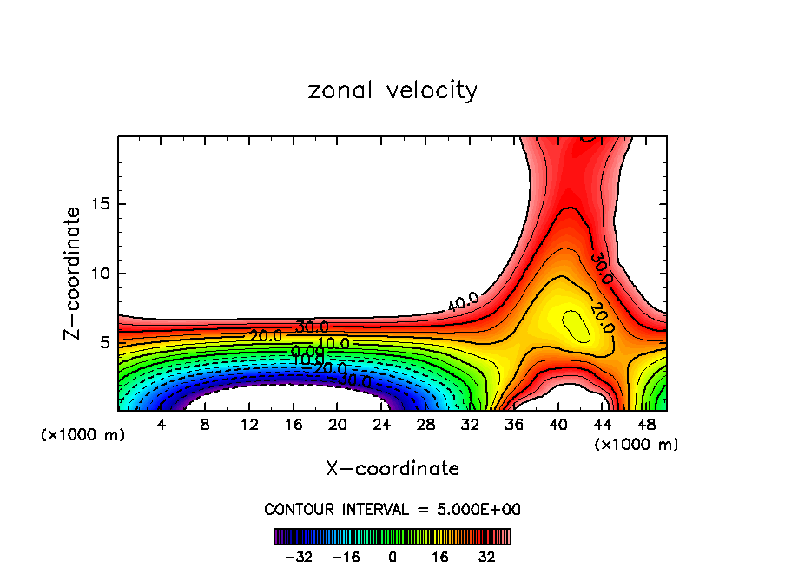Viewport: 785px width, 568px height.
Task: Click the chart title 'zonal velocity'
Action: pos(392,90)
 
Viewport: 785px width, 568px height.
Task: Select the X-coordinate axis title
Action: pos(392,469)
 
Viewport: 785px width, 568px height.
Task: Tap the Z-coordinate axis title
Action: pos(74,274)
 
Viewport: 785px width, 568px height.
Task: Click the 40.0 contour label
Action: pos(462,303)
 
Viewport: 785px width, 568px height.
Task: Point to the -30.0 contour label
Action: pos(354,380)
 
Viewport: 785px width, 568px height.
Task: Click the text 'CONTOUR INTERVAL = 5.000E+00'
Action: pos(392,509)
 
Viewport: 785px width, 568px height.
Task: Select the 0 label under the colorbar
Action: pos(392,557)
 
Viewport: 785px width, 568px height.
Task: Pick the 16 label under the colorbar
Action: pos(440,557)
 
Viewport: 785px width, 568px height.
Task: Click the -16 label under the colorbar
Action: pos(345,557)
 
